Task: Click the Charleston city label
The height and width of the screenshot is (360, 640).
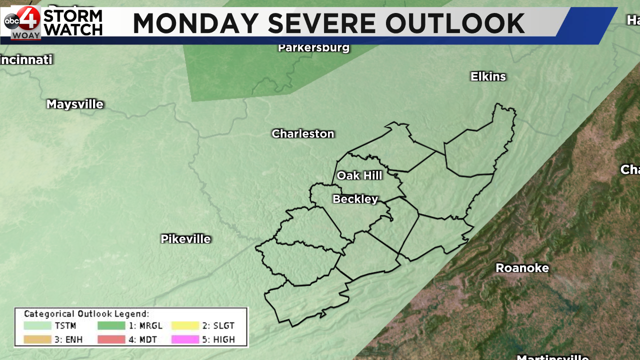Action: tap(302, 134)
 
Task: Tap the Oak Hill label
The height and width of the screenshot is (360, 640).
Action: tap(359, 175)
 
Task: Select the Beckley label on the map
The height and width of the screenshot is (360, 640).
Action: tap(355, 199)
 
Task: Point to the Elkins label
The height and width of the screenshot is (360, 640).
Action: tap(488, 77)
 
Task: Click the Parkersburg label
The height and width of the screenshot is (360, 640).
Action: tap(313, 48)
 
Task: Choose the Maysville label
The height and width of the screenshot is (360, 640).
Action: tap(74, 104)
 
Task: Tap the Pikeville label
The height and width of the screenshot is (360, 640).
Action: tap(185, 239)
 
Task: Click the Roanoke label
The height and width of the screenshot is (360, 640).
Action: tap(522, 268)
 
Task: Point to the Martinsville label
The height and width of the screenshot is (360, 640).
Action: tap(552, 357)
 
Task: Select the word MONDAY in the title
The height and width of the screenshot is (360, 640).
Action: tap(196, 23)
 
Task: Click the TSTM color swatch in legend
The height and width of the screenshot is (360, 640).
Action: tap(37, 325)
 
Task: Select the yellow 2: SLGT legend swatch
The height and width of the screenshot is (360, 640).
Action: tap(185, 325)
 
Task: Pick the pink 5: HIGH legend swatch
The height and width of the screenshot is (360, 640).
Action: tap(185, 339)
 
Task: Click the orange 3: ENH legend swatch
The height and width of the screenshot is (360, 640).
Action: tap(37, 339)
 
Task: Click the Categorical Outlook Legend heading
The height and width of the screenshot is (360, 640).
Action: tap(86, 314)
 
